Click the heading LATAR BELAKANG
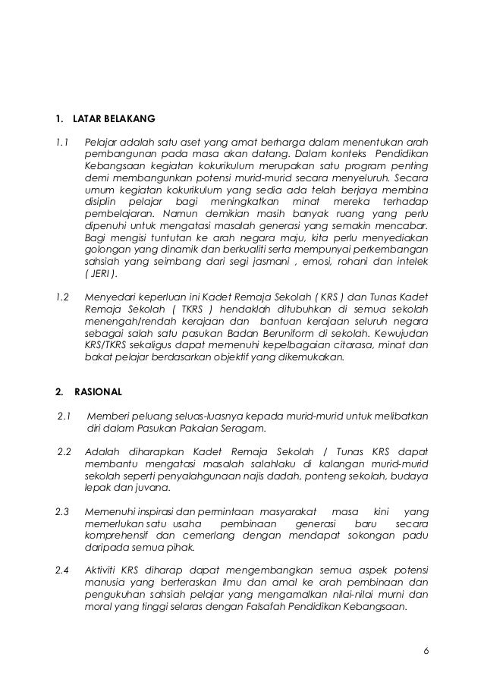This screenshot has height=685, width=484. [x=114, y=119]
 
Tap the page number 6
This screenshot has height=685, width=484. [x=426, y=650]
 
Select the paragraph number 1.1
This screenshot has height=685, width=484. [x=62, y=143]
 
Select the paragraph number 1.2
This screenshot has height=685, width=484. [x=62, y=297]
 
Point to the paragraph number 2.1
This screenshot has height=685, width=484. [x=64, y=416]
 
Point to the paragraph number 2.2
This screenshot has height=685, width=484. [x=64, y=454]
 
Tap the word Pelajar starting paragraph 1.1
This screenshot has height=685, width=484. [x=102, y=143]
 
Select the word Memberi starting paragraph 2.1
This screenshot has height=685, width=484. [x=108, y=416]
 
